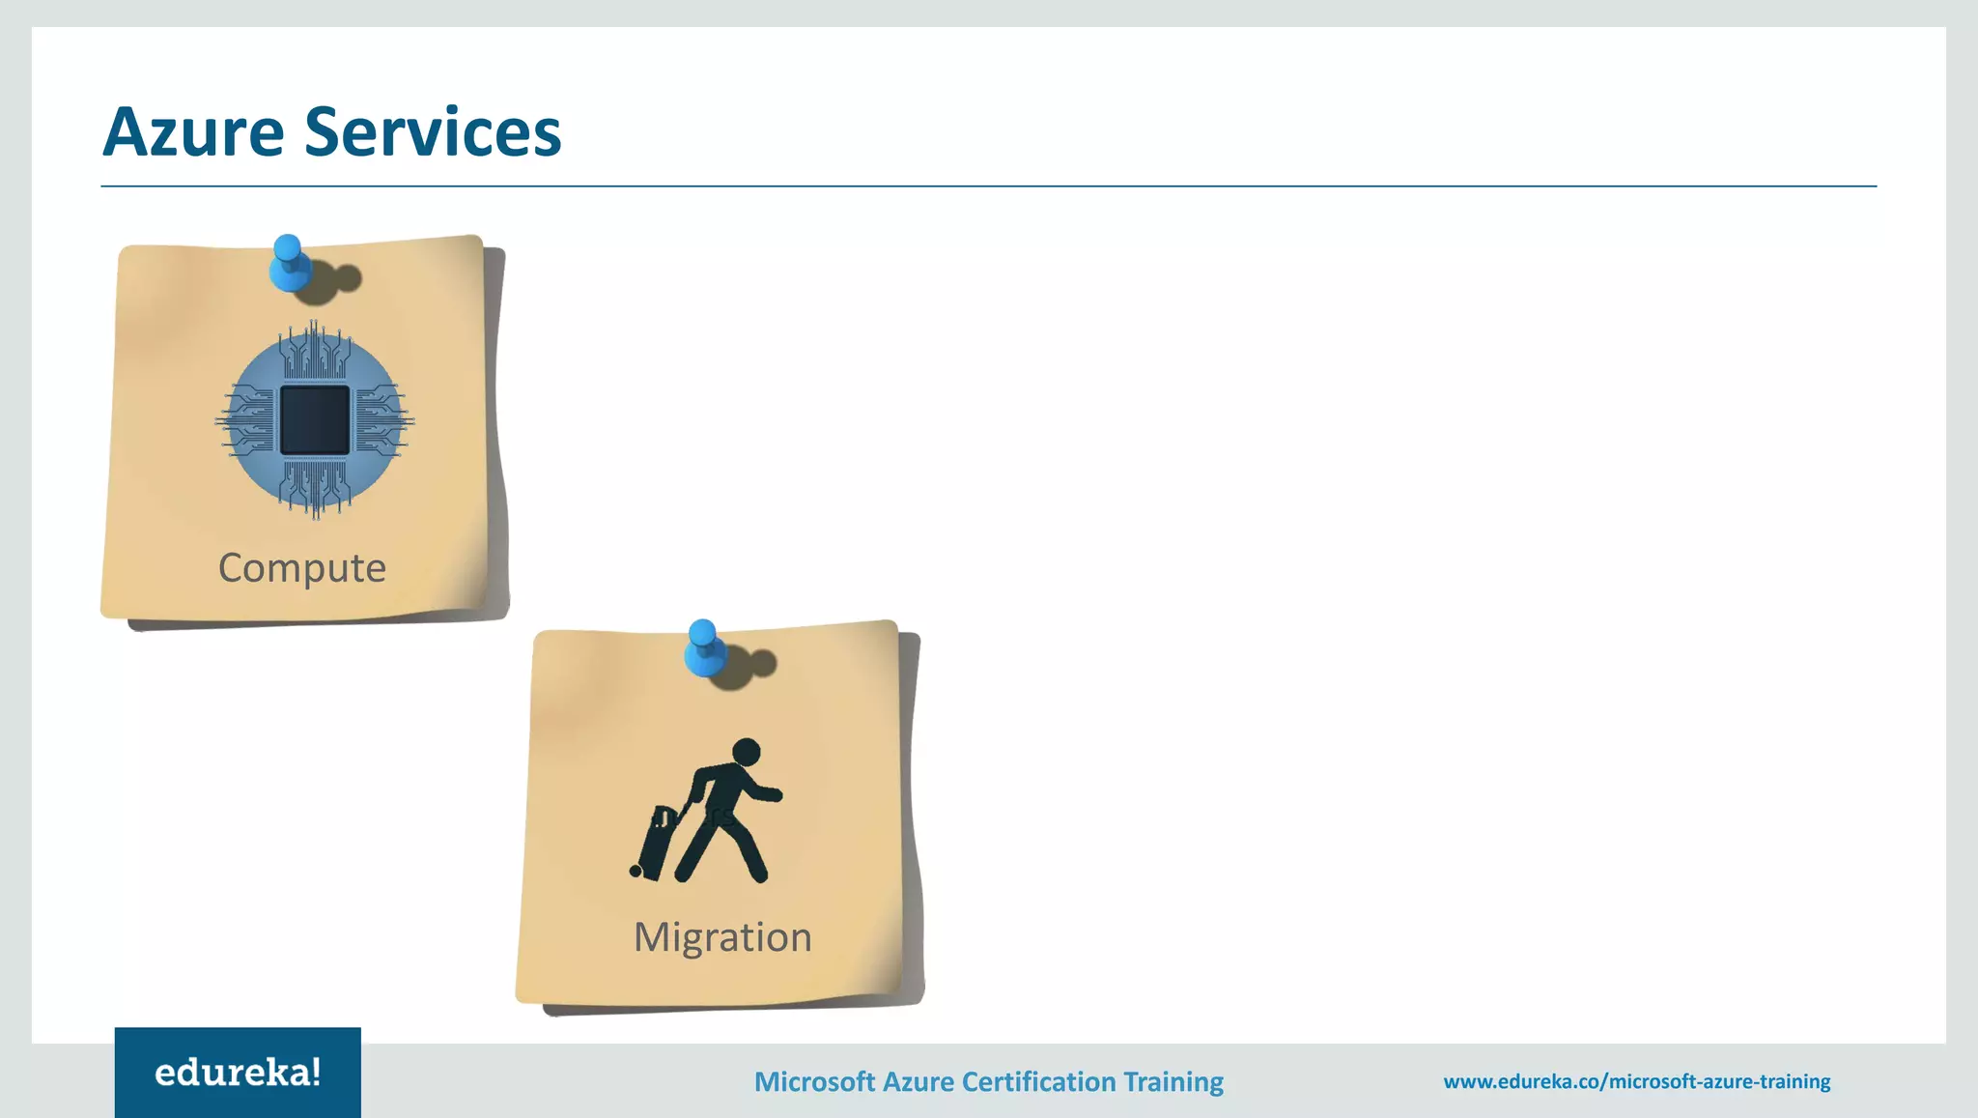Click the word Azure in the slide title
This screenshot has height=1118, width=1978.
point(193,132)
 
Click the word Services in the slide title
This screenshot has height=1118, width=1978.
point(433,132)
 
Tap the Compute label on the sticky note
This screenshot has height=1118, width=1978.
point(301,568)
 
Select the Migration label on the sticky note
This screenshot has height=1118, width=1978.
point(722,937)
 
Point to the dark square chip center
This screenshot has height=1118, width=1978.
point(315,420)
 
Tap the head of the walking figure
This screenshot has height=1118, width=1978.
point(747,752)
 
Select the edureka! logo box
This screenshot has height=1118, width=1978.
point(238,1073)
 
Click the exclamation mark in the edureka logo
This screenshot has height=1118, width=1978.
point(315,1072)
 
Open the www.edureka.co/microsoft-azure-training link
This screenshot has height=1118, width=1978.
point(1636,1081)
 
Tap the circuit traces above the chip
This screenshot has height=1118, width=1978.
point(315,353)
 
